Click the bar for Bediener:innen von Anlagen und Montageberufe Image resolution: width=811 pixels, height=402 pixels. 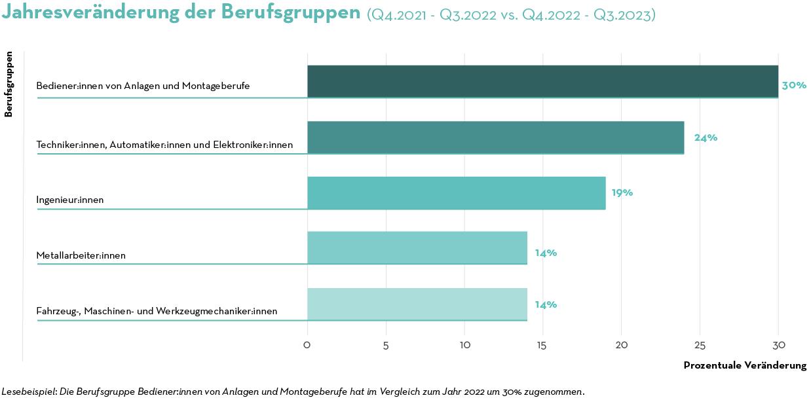(542, 81)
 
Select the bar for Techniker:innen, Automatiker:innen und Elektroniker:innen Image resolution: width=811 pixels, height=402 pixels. (495, 137)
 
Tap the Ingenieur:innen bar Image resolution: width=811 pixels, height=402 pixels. (456, 192)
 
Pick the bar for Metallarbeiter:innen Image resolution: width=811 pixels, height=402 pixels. (417, 247)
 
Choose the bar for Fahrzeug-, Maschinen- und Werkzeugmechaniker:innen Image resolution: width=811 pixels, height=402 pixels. (417, 304)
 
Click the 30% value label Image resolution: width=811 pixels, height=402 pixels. (794, 85)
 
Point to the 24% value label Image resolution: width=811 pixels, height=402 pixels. (706, 137)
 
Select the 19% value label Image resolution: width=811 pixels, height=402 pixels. (622, 193)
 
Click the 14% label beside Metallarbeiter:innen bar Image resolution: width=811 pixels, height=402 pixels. (546, 253)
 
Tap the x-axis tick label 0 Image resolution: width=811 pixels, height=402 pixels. (307, 344)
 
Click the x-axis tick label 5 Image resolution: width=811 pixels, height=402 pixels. (386, 344)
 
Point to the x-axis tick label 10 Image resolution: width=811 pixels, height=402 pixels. (464, 344)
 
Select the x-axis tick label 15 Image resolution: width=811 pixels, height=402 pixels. (542, 344)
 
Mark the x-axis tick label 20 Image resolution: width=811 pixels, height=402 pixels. (621, 344)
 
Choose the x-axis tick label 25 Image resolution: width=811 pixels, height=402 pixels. (700, 344)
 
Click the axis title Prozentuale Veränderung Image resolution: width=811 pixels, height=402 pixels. (745, 365)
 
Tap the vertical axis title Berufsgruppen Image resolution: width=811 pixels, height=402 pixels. (9, 84)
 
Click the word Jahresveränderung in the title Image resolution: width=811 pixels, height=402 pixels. (94, 12)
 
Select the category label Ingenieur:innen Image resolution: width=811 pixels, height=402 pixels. (70, 200)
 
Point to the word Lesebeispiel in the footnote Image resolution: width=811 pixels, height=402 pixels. (29, 392)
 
